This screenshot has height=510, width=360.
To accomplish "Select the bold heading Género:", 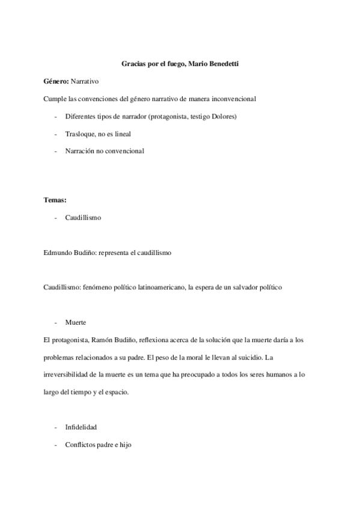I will pyautogui.click(x=56, y=81).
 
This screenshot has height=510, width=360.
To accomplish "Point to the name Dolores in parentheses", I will pyautogui.click(x=222, y=116).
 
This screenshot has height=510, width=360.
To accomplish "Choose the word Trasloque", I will pyautogui.click(x=79, y=134).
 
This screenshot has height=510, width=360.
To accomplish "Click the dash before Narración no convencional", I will pyautogui.click(x=55, y=151).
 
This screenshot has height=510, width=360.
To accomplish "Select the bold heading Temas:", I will pyautogui.click(x=55, y=200).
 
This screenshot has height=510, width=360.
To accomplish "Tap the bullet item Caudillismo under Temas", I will pyautogui.click(x=83, y=217).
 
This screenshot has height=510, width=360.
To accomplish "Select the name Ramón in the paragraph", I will pyautogui.click(x=96, y=340).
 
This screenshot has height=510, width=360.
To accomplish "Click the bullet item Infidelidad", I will pyautogui.click(x=81, y=428).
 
